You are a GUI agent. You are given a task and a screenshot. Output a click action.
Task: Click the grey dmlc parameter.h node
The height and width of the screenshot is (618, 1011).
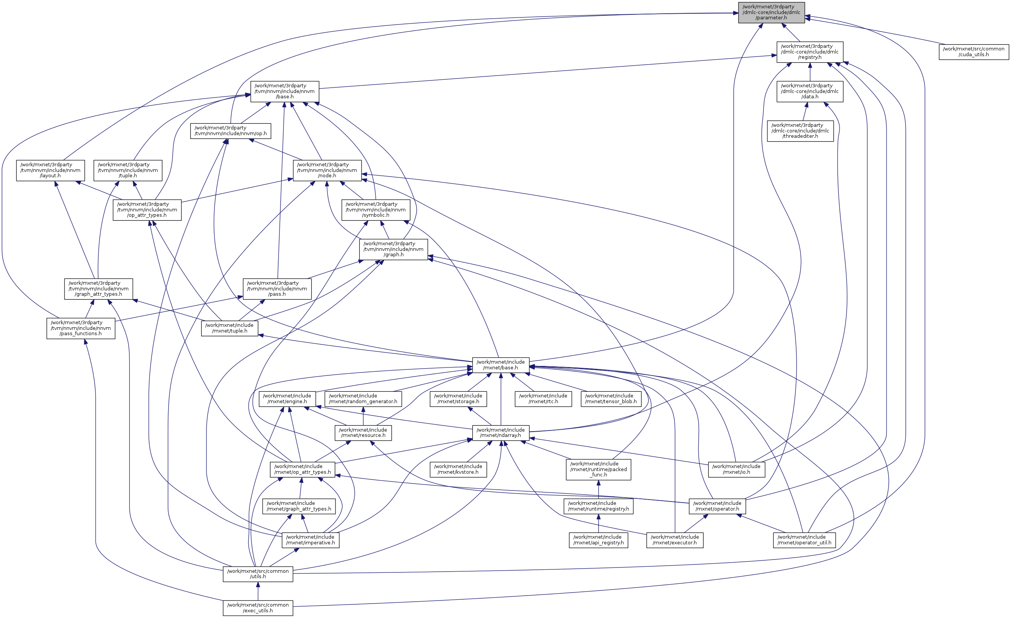(x=771, y=12)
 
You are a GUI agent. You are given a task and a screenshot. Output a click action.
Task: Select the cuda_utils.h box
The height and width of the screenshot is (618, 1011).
(x=973, y=52)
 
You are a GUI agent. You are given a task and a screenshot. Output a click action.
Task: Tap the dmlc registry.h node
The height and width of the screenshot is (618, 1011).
(x=809, y=52)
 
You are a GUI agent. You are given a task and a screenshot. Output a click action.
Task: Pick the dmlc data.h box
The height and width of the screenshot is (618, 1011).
(x=809, y=91)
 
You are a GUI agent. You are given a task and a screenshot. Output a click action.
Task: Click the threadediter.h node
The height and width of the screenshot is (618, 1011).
(x=800, y=131)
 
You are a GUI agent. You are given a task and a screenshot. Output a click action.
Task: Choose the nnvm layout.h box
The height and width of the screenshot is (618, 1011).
(x=50, y=170)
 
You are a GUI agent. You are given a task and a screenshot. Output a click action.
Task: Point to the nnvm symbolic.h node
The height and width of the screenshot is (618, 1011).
(x=375, y=209)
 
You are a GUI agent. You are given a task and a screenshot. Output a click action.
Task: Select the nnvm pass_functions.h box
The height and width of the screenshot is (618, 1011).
(x=80, y=328)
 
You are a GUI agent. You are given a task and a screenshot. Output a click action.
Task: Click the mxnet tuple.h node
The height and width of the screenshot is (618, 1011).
(x=229, y=328)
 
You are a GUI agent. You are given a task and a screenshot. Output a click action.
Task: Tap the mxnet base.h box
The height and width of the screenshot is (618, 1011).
(x=500, y=365)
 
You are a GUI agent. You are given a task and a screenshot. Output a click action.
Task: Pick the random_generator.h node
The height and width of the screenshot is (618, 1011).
(x=363, y=399)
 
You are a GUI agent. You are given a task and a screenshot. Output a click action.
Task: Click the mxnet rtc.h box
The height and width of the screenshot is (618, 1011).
(x=543, y=399)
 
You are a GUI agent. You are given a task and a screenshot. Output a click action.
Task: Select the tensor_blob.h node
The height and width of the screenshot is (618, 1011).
(x=611, y=399)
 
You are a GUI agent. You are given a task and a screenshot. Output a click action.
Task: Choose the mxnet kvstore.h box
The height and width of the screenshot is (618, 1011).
(x=458, y=469)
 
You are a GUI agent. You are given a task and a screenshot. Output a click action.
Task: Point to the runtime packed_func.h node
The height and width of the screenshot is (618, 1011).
(x=598, y=469)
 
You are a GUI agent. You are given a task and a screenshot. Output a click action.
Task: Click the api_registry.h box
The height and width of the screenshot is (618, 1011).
(x=598, y=540)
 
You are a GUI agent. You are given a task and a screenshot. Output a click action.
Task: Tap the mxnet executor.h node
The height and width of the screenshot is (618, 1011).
(x=674, y=540)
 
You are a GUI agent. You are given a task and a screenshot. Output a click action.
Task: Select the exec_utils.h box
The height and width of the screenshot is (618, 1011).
(x=258, y=608)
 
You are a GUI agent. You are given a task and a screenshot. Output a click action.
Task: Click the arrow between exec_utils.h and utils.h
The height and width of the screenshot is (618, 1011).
(x=258, y=591)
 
